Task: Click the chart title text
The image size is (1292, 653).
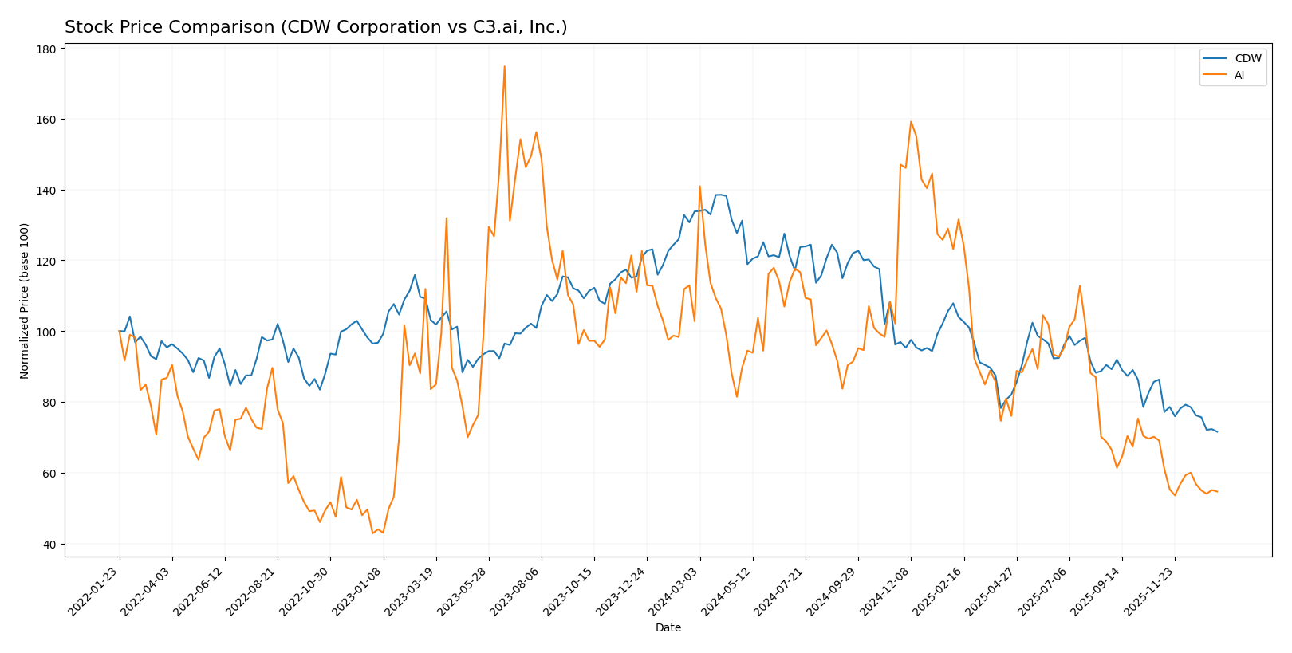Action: (x=316, y=28)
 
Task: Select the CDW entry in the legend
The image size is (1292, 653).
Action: (x=1248, y=59)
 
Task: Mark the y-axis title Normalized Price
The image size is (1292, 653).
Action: (x=25, y=301)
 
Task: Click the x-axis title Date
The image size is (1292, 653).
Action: (x=668, y=628)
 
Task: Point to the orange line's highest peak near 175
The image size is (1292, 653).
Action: (x=504, y=67)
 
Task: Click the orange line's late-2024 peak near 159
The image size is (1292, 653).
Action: (x=911, y=122)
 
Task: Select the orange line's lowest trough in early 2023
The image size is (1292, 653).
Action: (x=372, y=533)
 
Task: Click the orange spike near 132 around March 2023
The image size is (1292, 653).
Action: (x=446, y=218)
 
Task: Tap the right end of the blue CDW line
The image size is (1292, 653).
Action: (x=1217, y=432)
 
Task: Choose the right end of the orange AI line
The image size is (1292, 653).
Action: (x=1217, y=492)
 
